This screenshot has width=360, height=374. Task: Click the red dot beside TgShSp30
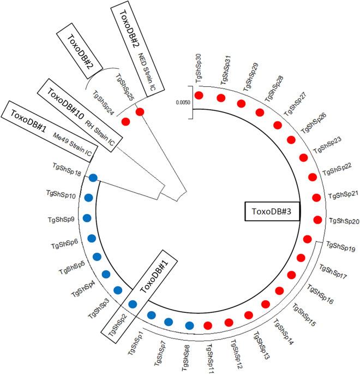[x=199, y=96]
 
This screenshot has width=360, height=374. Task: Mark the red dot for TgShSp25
[x=140, y=112]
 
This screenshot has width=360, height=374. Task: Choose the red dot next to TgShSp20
[x=318, y=221]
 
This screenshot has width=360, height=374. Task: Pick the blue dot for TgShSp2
[x=132, y=304]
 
